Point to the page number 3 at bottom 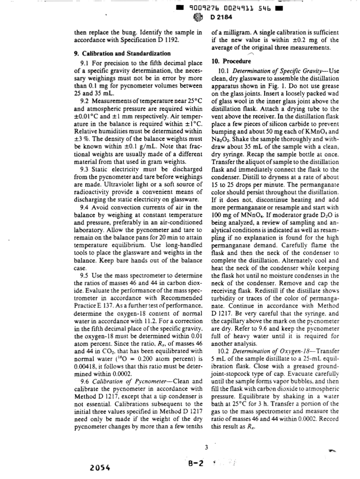pyautogui.click(x=207, y=447)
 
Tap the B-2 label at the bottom pyautogui.click(x=196, y=463)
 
